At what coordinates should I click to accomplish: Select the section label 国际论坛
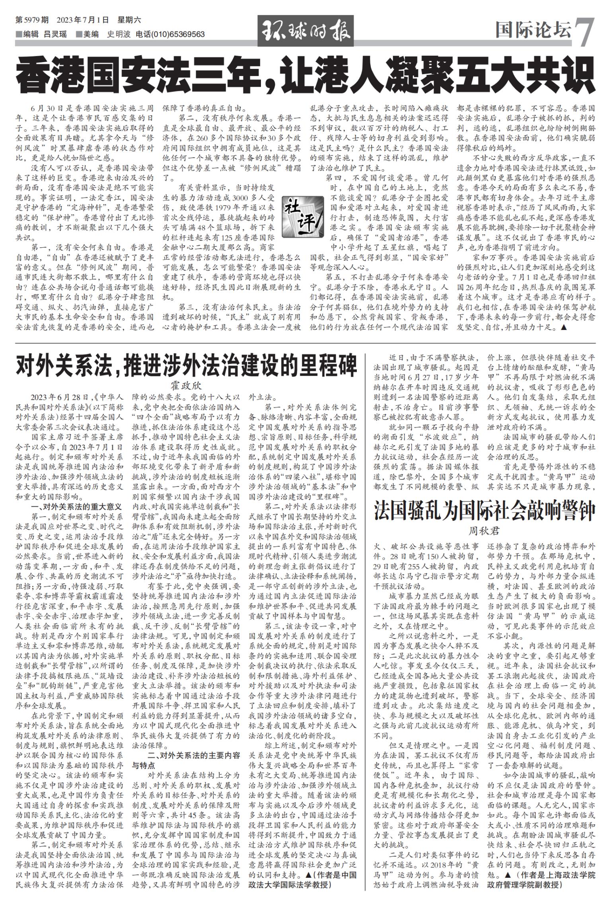click(x=533, y=30)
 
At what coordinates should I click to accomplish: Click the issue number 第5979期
click(x=32, y=20)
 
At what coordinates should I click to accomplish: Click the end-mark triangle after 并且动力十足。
click(x=563, y=328)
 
